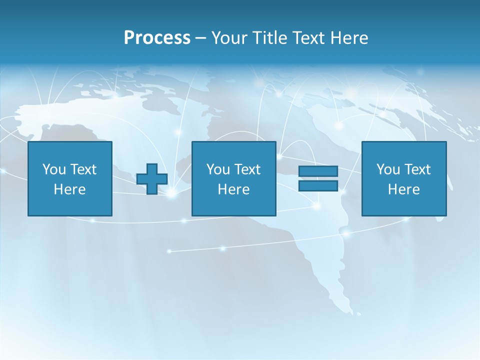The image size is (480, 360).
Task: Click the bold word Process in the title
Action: pos(157,38)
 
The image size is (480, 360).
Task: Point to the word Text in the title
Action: pos(309,38)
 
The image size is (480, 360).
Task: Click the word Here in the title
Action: pos(349,38)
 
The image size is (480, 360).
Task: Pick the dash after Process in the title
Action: pos(200,38)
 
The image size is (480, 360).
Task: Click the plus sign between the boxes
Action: pos(152,179)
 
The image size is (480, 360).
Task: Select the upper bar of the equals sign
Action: pos(318,171)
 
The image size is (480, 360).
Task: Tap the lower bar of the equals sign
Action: pos(318,186)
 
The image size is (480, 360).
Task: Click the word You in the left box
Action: pos(54,169)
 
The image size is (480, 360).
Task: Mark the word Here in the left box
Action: pos(69,189)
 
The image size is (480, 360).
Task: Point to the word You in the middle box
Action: pos(218,169)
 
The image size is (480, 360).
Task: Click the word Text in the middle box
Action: pos(247,169)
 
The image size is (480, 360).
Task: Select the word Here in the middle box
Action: pos(233,189)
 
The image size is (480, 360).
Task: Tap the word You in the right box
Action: pos(388,169)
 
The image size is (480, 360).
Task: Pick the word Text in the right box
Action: pos(417,169)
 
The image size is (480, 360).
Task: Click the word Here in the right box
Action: pos(403,189)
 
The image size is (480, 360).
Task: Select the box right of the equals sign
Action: pos(404,205)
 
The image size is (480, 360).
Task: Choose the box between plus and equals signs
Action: pos(233,205)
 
